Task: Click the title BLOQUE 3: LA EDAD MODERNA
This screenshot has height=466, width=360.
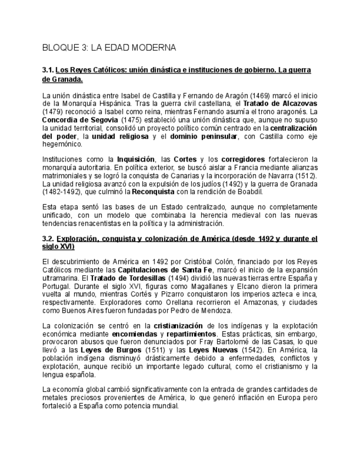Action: [x=109, y=48]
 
